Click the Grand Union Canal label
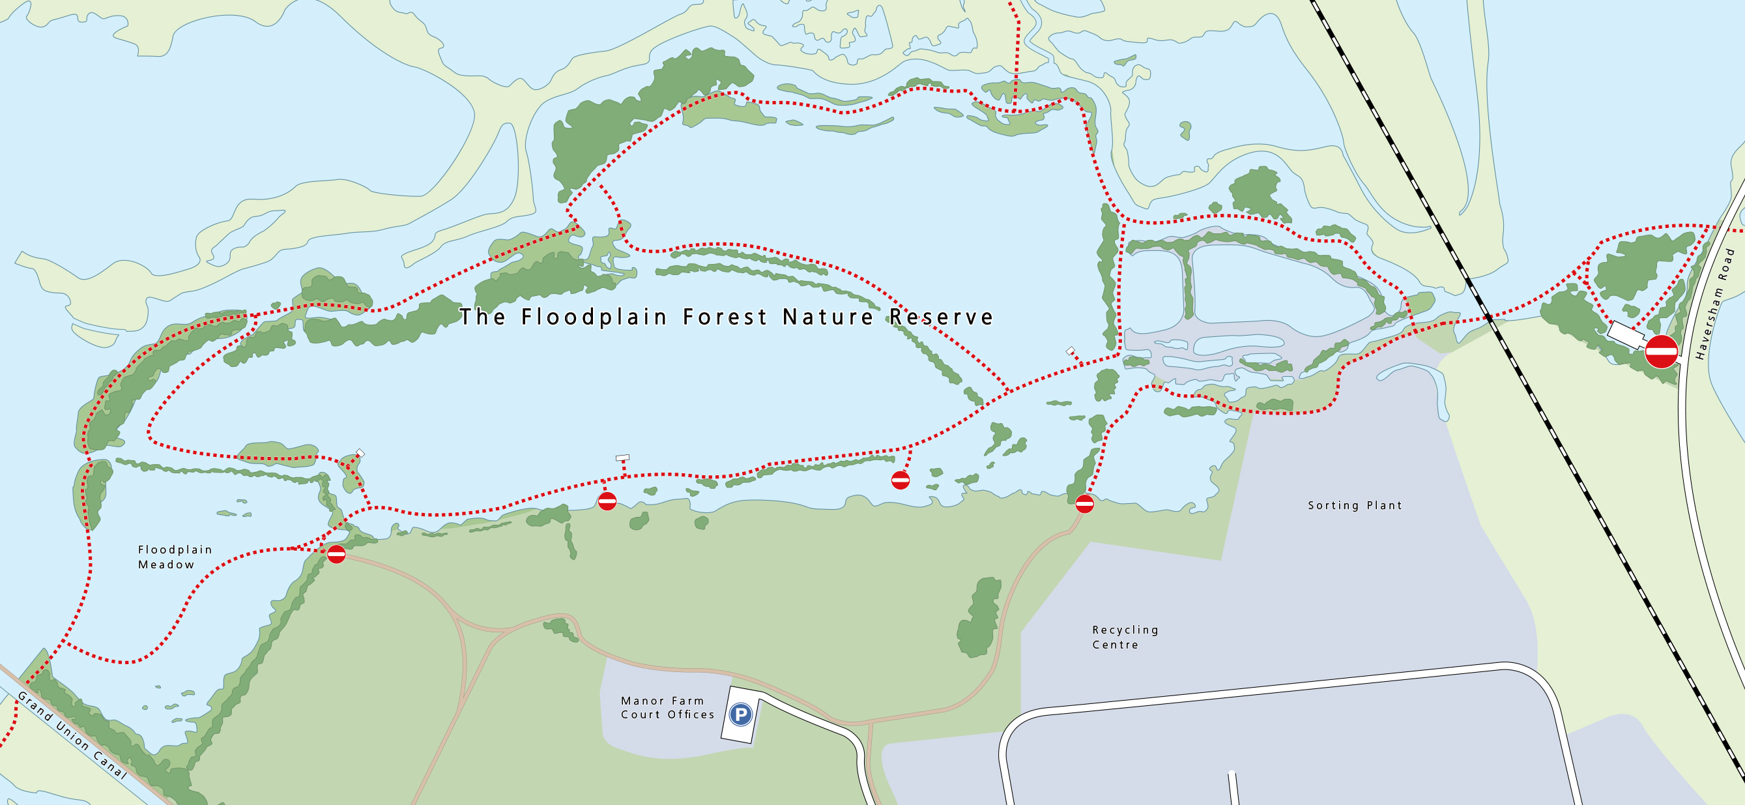tap(71, 735)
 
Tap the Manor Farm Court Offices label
tap(667, 707)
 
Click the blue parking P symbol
tap(740, 714)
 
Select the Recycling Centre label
tap(1125, 637)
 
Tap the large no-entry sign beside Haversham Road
tap(1661, 351)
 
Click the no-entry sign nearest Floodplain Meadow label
tap(336, 554)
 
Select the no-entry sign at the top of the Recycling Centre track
tap(1084, 503)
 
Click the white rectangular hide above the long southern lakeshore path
tap(622, 458)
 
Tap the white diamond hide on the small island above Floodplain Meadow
tap(360, 453)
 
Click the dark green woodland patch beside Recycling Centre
tap(979, 618)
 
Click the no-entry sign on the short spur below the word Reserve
tap(900, 480)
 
